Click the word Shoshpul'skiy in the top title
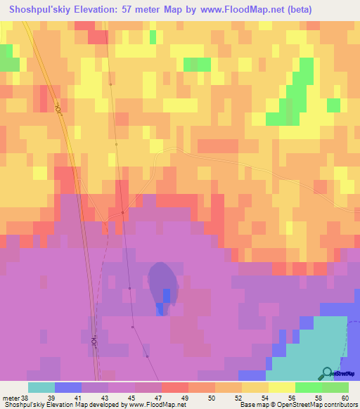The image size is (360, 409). coord(39,9)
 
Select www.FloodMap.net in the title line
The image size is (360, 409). coord(238,9)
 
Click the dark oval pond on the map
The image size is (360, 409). coord(162,285)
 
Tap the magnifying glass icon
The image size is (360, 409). coord(328,373)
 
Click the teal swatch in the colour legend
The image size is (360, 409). coord(41,387)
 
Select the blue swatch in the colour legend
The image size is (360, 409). coord(68,387)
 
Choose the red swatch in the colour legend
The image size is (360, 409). coord(175,387)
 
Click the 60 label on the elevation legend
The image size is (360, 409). coord(345,397)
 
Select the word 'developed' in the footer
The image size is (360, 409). coord(98,405)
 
